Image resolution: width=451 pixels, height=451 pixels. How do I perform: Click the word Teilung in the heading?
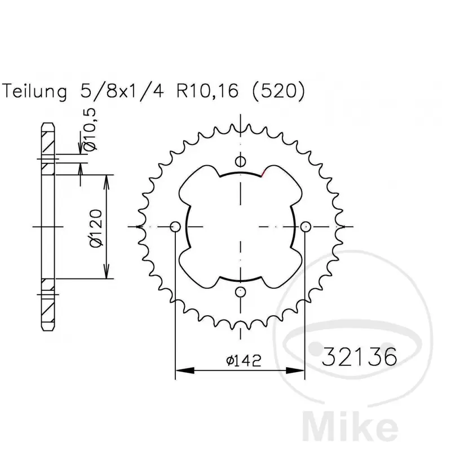(34, 92)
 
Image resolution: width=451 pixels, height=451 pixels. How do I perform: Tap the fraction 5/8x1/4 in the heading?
(122, 91)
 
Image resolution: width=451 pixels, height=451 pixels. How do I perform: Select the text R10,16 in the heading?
(207, 91)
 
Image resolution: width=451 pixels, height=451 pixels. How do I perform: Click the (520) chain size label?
(278, 91)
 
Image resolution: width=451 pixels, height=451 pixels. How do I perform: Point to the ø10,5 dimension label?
(90, 130)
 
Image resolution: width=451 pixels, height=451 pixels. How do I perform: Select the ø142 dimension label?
(244, 360)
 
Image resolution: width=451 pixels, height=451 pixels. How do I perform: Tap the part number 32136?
(359, 357)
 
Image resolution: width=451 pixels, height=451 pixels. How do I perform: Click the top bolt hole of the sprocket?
(241, 161)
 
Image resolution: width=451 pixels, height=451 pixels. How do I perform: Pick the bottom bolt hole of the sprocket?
(241, 292)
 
